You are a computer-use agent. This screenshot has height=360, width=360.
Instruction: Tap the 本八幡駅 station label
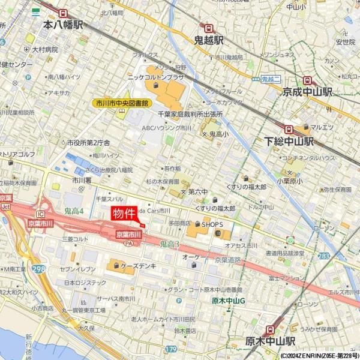(64, 25)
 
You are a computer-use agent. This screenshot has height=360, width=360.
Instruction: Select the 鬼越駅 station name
(208, 40)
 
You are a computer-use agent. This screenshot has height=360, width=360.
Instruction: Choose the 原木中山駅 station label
(271, 341)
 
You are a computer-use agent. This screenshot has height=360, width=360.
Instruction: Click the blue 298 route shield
(39, 269)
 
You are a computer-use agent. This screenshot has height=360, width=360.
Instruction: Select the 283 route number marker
(323, 256)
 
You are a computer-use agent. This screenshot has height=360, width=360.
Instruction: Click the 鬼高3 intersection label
(170, 244)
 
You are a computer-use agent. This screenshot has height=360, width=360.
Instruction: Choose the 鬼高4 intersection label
(74, 209)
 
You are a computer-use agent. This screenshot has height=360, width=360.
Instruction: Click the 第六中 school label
(197, 191)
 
